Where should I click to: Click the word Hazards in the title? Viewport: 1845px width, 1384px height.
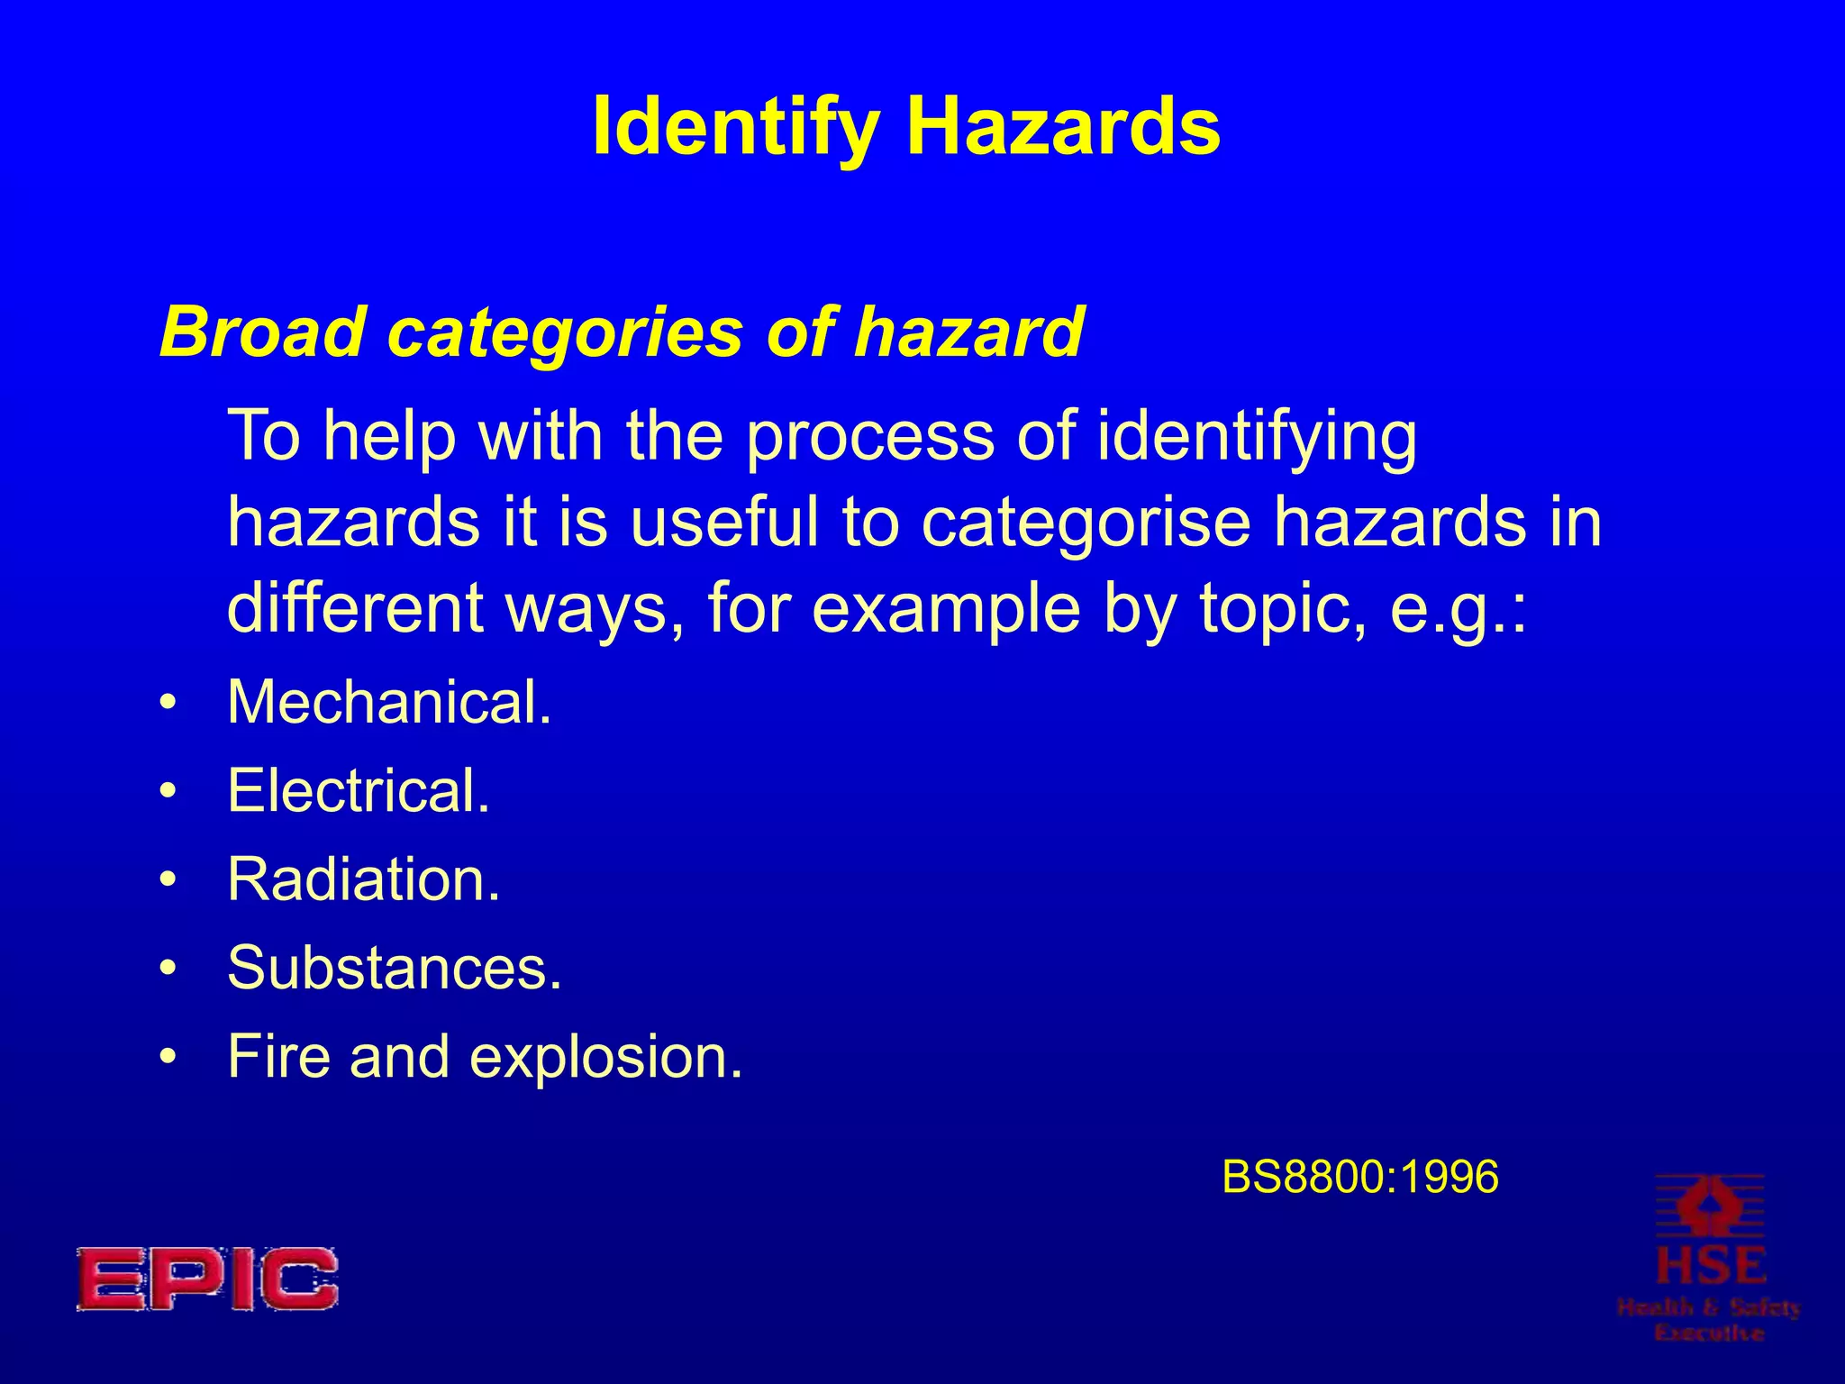[1063, 126]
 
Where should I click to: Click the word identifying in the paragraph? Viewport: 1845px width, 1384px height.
[1257, 437]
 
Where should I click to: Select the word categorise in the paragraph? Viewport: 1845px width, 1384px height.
[1086, 523]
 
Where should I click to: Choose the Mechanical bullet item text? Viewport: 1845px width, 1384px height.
[389, 702]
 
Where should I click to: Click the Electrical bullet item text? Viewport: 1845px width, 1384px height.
[359, 790]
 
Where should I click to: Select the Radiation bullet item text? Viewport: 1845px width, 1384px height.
[363, 879]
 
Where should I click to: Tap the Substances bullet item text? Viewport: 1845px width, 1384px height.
[395, 968]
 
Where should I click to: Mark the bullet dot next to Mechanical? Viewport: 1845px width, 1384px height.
[168, 703]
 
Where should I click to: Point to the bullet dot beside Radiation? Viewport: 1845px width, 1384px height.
[168, 880]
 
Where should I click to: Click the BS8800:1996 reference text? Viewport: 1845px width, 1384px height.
[1360, 1177]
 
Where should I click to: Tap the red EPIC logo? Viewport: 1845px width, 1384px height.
[207, 1279]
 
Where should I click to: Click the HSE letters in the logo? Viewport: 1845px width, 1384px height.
[1710, 1266]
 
